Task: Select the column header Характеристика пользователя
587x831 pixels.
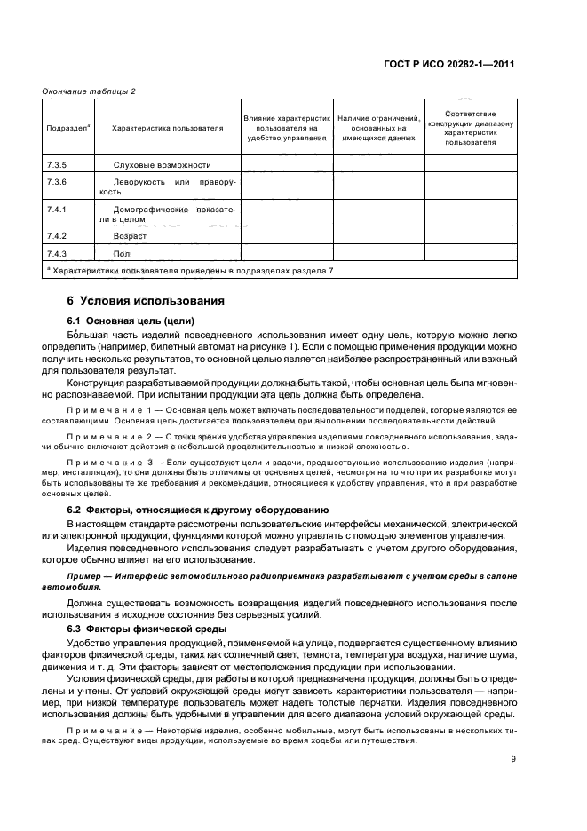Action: [x=167, y=128]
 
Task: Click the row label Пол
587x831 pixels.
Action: [x=121, y=254]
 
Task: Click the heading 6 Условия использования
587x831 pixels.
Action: [x=139, y=300]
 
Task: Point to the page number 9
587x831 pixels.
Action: [x=513, y=758]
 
